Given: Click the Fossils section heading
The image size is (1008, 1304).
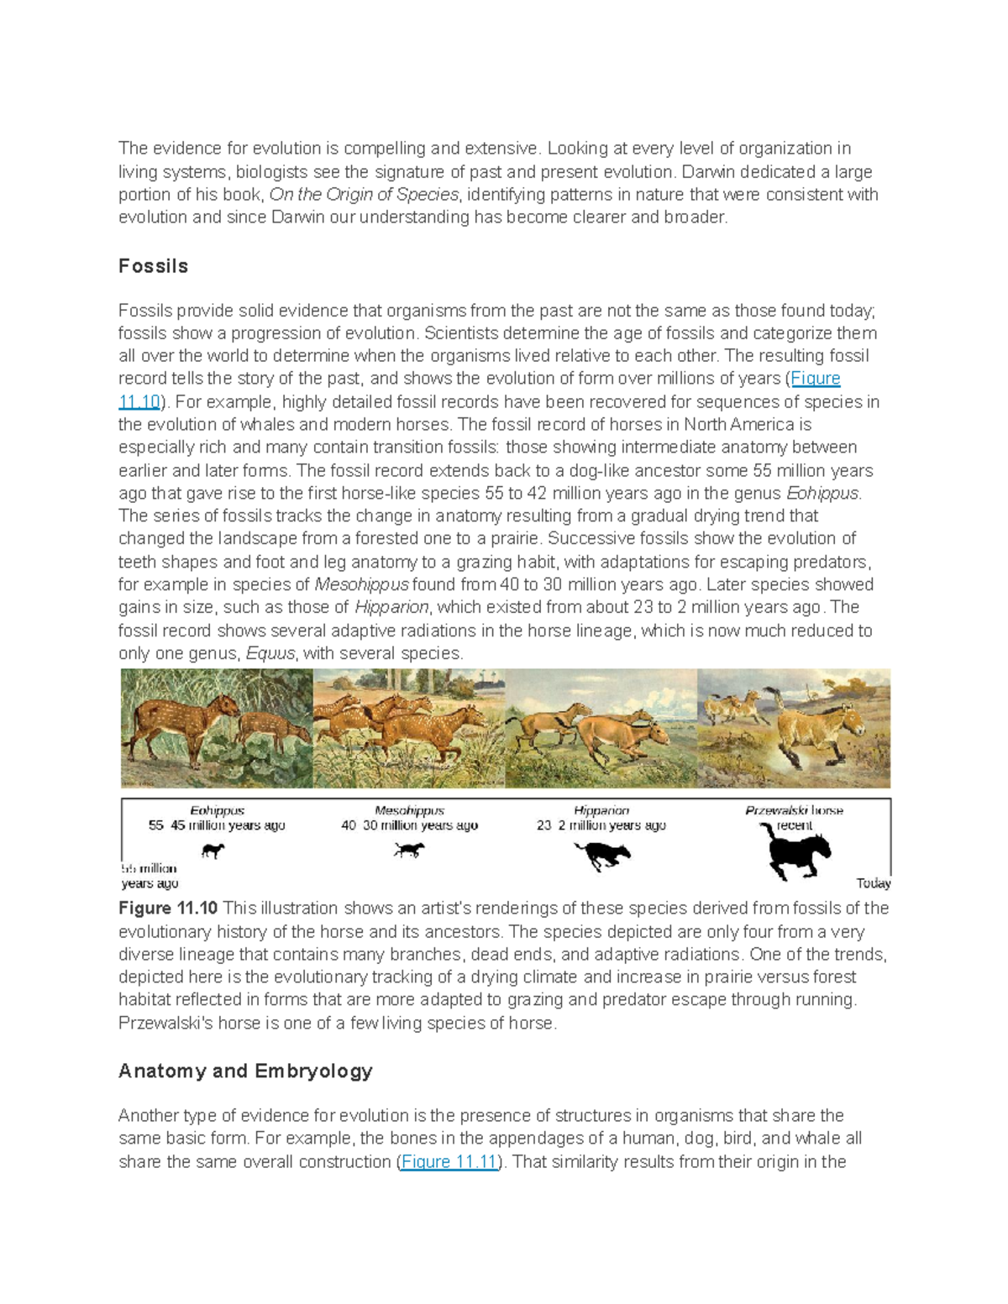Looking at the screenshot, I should pos(153,266).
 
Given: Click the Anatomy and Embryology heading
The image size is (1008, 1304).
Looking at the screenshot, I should pos(245,1071).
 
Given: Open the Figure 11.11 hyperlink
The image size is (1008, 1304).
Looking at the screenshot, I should pos(449,1162).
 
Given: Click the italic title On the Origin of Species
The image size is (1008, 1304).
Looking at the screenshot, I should pos(363,195).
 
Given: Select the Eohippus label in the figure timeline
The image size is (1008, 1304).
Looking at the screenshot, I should pos(217,810).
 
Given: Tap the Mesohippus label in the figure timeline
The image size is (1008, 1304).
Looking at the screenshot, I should pos(409,810).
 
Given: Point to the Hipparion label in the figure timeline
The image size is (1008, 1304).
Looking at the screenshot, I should pos(601,810).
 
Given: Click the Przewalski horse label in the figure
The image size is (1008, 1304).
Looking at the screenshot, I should pos(794,810).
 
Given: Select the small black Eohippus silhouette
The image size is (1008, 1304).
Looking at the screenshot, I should pos(213,851).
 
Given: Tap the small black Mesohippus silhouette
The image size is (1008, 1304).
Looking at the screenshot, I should pos(409,850).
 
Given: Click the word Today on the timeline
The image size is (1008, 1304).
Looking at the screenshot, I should pos(873,882).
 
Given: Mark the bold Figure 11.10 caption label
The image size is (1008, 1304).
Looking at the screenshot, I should pos(168,909).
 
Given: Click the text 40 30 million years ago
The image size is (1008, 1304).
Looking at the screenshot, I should pos(409,825).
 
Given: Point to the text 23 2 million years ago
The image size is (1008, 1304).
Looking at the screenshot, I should pos(601,825).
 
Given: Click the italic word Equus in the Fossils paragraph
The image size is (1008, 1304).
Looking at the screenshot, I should pos(270,653).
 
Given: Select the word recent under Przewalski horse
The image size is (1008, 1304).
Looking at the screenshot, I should pos(794,825).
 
